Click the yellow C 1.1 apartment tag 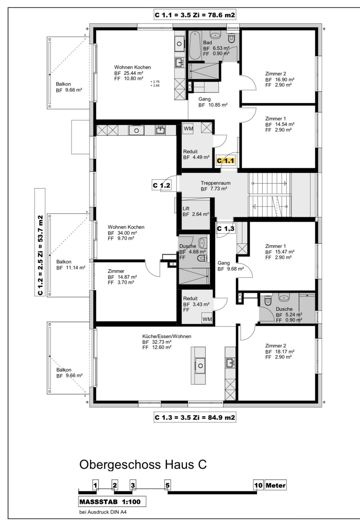226,161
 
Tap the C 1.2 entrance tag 161,185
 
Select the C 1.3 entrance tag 226,229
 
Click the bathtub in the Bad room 195,45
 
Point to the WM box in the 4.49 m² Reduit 188,128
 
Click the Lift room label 186,208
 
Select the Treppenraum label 215,183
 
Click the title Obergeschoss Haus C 143,464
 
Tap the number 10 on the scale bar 258,485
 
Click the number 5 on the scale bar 167,485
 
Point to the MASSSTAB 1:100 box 112,502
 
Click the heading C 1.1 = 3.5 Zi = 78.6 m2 195,15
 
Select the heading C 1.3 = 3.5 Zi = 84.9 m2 195,417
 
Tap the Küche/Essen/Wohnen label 166,336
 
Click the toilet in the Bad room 231,38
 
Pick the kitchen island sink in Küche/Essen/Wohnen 200,366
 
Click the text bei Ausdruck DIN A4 103,512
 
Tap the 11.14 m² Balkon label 71,265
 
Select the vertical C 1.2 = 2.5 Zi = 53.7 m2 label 40,242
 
